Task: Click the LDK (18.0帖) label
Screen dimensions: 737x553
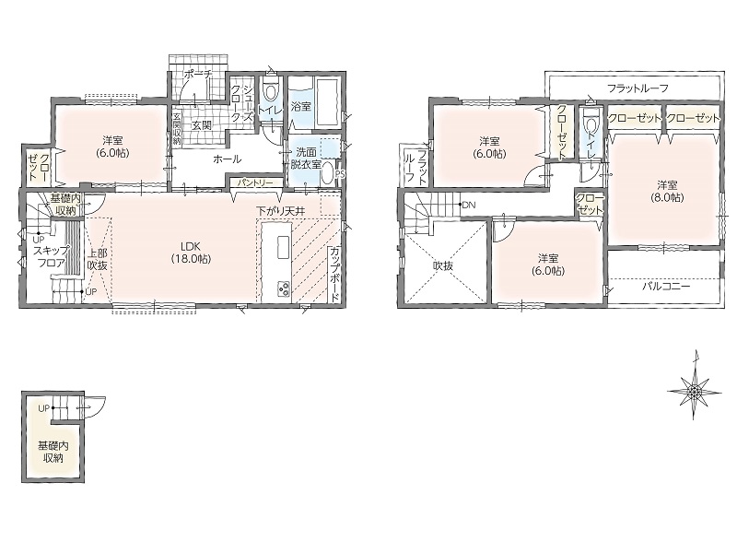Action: pyautogui.click(x=191, y=252)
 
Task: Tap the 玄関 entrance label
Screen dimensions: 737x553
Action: pyautogui.click(x=201, y=125)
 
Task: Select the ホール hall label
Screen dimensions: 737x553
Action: pyautogui.click(x=227, y=159)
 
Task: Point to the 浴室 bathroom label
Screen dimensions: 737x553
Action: pyautogui.click(x=301, y=107)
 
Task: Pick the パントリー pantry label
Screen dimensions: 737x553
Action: pyautogui.click(x=255, y=182)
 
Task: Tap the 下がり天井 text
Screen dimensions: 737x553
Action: pyautogui.click(x=281, y=211)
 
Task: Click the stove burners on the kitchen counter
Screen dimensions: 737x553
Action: pyautogui.click(x=284, y=288)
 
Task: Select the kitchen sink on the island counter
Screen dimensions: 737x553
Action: pyautogui.click(x=284, y=248)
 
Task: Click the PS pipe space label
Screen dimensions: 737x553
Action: pyautogui.click(x=340, y=173)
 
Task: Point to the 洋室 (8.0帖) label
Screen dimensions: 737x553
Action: pyautogui.click(x=663, y=191)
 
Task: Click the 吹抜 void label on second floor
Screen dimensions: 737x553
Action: pyautogui.click(x=442, y=265)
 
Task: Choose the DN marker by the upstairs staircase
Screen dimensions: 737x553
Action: pyautogui.click(x=467, y=205)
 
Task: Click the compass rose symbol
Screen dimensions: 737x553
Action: pyautogui.click(x=695, y=390)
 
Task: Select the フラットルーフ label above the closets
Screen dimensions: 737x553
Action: pyautogui.click(x=638, y=88)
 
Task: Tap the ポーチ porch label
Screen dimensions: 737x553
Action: pyautogui.click(x=197, y=75)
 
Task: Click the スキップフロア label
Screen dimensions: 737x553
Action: pyautogui.click(x=52, y=256)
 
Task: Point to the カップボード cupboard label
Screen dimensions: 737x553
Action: pyautogui.click(x=334, y=275)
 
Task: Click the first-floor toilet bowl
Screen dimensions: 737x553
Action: pyautogui.click(x=271, y=91)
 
